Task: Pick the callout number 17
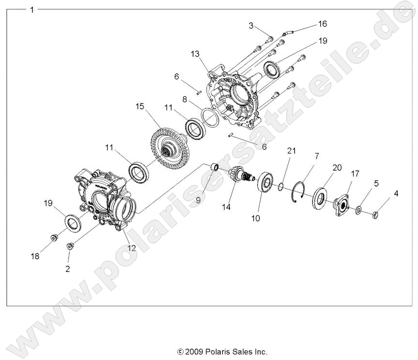[355, 173]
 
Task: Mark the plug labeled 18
[54, 238]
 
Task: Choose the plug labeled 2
[70, 247]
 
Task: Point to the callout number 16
[322, 24]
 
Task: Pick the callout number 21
[291, 150]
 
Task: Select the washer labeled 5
[358, 210]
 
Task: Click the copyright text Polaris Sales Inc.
[222, 352]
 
